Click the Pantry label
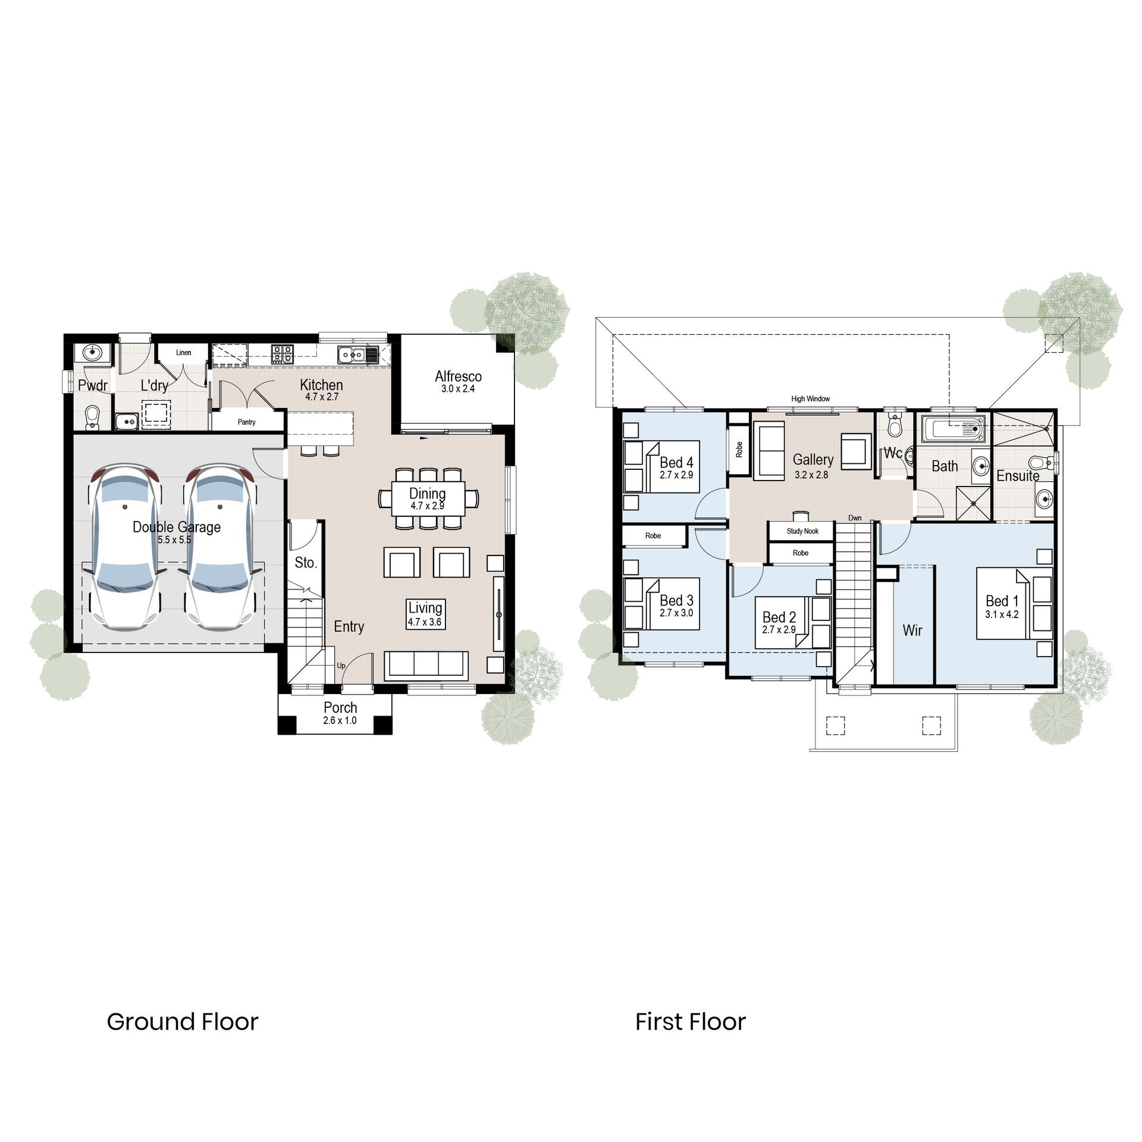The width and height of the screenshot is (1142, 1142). [246, 422]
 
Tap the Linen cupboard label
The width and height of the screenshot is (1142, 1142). [183, 353]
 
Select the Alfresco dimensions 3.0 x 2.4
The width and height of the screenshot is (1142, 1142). [458, 389]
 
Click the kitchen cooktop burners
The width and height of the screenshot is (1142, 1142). [282, 354]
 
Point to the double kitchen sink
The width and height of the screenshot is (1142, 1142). [352, 354]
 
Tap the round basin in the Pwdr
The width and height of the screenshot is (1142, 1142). [92, 353]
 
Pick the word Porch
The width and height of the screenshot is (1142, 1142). [340, 707]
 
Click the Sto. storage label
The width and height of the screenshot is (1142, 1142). [306, 562]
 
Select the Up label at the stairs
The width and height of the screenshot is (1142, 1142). [341, 666]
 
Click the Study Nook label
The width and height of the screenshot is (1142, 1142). [802, 531]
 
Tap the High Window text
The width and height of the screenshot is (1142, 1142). [810, 399]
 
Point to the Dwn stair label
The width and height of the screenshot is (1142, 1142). [855, 518]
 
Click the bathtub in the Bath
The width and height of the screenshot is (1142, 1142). [953, 428]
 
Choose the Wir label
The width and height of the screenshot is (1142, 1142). [912, 630]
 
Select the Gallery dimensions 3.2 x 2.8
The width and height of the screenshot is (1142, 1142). [811, 475]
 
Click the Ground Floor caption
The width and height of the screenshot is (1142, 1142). [183, 1022]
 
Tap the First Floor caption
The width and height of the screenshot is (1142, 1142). [690, 1022]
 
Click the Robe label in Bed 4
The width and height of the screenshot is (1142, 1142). [739, 449]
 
